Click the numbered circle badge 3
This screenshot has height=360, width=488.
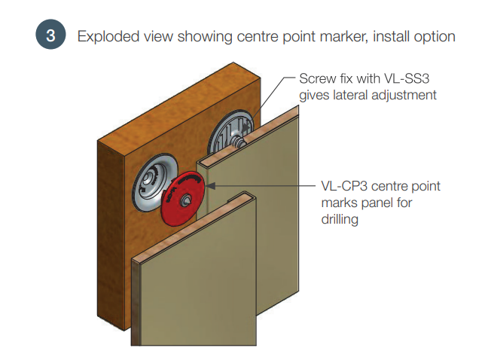pyautogui.click(x=50, y=36)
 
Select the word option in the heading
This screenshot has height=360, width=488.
pyautogui.click(x=432, y=36)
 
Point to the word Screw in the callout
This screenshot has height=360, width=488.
pyautogui.click(x=317, y=78)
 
